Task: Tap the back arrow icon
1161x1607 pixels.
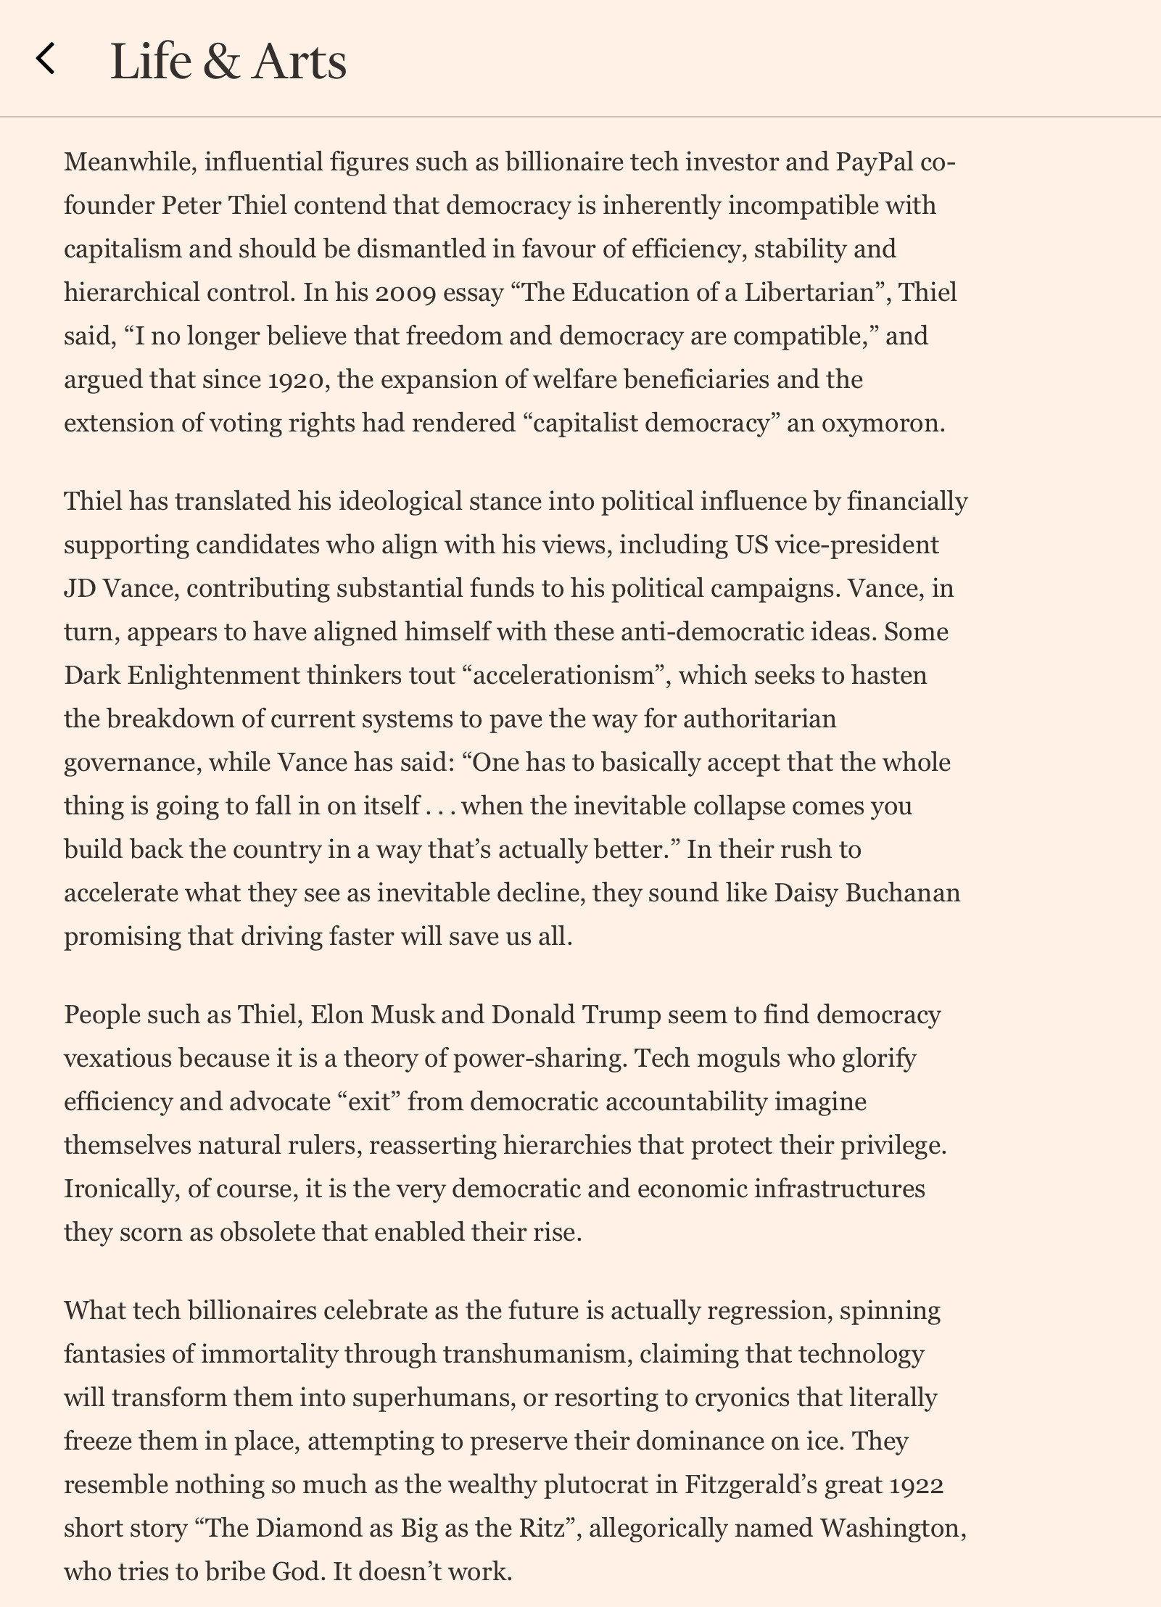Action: tap(46, 59)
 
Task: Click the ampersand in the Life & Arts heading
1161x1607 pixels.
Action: tap(221, 61)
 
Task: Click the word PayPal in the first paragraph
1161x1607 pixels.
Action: tap(874, 161)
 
